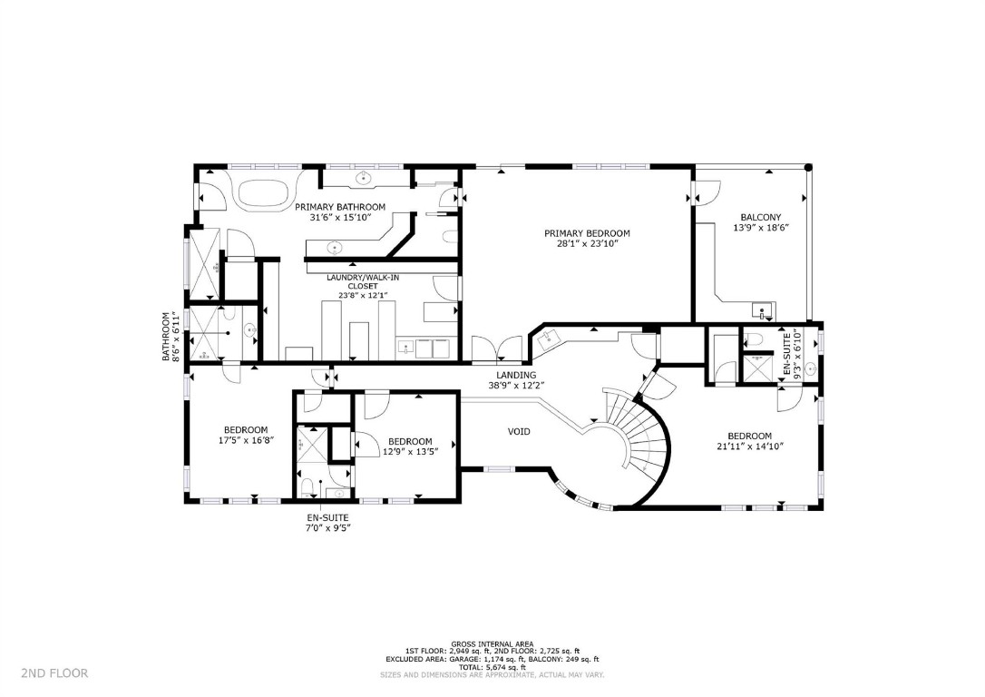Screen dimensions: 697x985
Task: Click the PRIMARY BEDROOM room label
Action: (586, 233)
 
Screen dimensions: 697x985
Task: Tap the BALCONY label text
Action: (760, 217)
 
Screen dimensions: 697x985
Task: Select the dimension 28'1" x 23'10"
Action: (586, 244)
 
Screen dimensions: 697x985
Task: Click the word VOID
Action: (519, 431)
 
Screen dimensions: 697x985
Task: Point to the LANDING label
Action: (515, 375)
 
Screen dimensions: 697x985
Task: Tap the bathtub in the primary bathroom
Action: (265, 192)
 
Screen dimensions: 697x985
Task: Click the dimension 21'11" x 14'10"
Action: (749, 447)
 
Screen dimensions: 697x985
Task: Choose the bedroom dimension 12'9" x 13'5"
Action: (409, 451)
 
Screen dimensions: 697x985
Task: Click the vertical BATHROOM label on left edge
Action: (166, 337)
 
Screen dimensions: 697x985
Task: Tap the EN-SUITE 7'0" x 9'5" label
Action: (327, 521)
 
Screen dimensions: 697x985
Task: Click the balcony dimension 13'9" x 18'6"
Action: (760, 228)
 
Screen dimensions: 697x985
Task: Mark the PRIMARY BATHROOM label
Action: (340, 207)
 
